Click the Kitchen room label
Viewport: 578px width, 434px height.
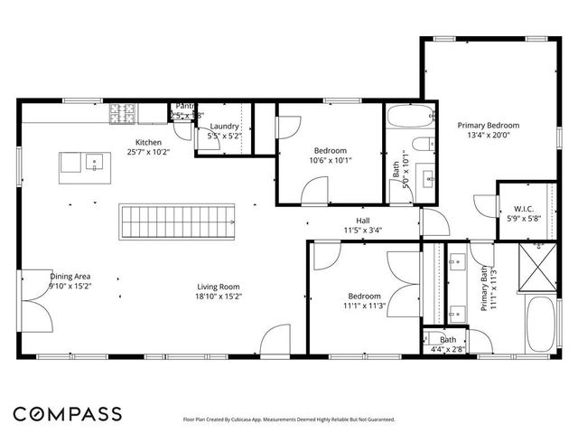click(x=148, y=143)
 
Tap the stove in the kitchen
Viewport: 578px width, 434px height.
click(x=122, y=113)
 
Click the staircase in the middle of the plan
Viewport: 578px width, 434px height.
click(x=177, y=219)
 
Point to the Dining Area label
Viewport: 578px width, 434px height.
click(x=70, y=277)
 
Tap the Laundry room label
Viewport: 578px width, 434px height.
click(x=224, y=127)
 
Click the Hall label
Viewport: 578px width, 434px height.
click(x=362, y=220)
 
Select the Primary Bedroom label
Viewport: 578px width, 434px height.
click(x=488, y=125)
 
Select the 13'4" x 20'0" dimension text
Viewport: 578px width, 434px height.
click(x=488, y=135)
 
